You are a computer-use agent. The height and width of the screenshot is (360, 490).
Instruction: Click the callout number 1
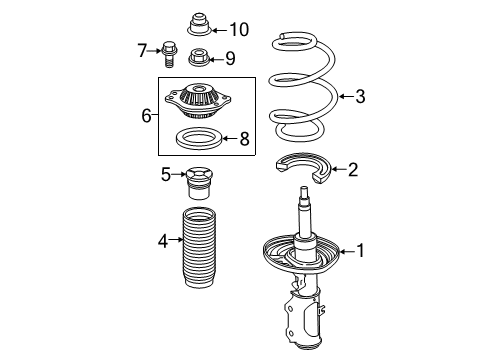coord(361,251)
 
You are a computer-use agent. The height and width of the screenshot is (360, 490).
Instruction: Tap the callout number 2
coord(352,170)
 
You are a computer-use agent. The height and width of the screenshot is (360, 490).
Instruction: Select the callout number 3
coord(360,96)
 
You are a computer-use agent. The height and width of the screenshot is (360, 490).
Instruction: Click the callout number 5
coord(167,175)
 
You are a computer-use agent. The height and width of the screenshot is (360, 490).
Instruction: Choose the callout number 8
coord(242,139)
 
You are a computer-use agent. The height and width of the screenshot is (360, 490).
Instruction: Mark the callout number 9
coord(229,58)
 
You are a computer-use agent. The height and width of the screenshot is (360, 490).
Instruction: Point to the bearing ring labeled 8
coord(200,138)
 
